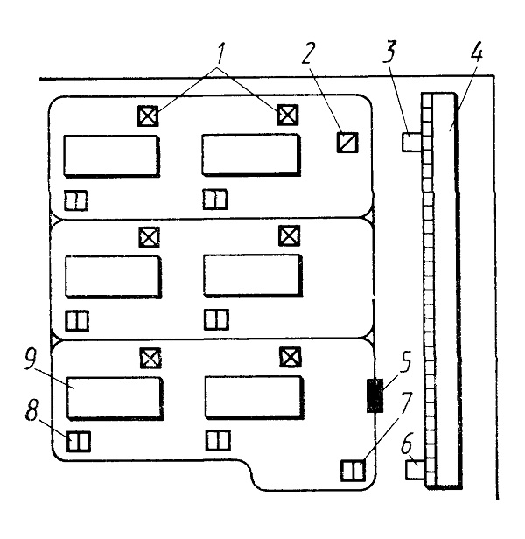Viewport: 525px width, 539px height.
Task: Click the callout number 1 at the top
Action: tap(220, 53)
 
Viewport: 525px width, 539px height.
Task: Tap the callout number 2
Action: tap(308, 53)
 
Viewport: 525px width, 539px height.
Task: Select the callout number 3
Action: tap(389, 52)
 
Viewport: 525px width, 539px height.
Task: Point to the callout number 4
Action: tap(476, 52)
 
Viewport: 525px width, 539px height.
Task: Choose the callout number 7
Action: tap(405, 402)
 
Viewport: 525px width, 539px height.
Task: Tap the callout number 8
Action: tap(31, 409)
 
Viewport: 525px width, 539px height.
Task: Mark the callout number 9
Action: tap(31, 360)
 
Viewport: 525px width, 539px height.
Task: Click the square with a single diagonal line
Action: tap(347, 143)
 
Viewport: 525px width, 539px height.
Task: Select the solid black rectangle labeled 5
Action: tap(374, 395)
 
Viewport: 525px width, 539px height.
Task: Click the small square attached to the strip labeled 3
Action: tap(412, 142)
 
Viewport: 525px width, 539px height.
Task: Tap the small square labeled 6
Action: tap(416, 470)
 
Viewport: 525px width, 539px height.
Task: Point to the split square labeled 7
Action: tap(353, 471)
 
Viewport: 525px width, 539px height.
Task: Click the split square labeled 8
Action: tap(79, 441)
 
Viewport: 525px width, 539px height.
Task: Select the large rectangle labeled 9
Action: tap(115, 398)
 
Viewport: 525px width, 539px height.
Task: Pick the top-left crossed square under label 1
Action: tap(148, 115)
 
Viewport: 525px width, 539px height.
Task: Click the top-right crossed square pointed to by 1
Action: tap(288, 115)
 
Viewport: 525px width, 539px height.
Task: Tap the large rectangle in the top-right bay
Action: tap(251, 155)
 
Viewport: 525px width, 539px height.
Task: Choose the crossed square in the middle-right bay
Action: tap(289, 236)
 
